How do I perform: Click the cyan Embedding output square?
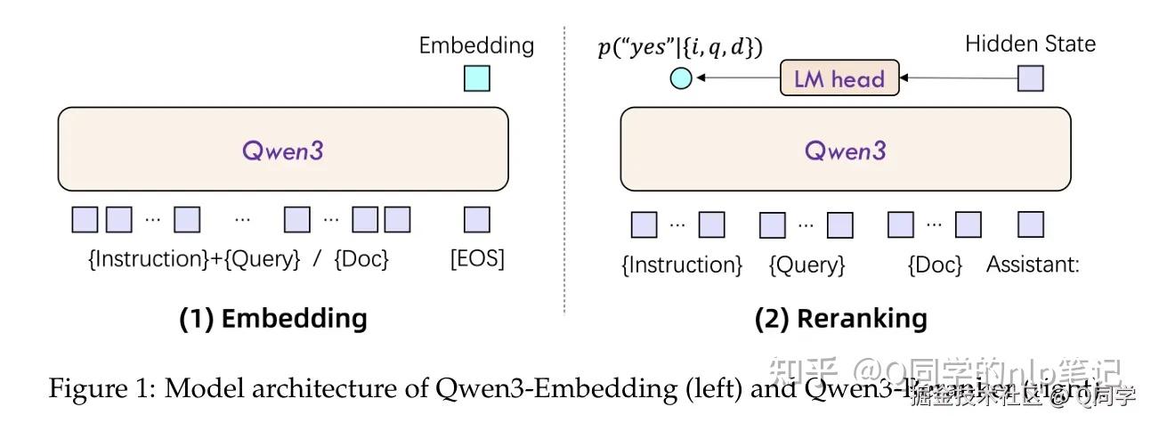pyautogui.click(x=476, y=78)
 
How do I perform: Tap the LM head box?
pyautogui.click(x=839, y=78)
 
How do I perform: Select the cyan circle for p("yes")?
pyautogui.click(x=680, y=79)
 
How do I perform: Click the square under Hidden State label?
pyautogui.click(x=1030, y=78)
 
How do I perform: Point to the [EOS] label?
pyautogui.click(x=476, y=259)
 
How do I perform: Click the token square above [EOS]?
pyautogui.click(x=476, y=219)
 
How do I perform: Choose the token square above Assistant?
pyautogui.click(x=1030, y=224)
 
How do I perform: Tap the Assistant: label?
pyautogui.click(x=1033, y=264)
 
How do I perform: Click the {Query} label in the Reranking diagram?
pyautogui.click(x=807, y=264)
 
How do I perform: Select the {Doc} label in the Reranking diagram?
pyautogui.click(x=935, y=264)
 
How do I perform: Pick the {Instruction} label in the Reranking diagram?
pyautogui.click(x=681, y=264)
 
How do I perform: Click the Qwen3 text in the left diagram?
pyautogui.click(x=283, y=150)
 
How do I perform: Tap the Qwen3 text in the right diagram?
pyautogui.click(x=845, y=150)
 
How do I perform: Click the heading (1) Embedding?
pyautogui.click(x=273, y=319)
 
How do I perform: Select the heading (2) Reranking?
pyautogui.click(x=840, y=319)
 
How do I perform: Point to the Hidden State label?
pyautogui.click(x=1030, y=44)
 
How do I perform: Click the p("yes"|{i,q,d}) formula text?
pyautogui.click(x=679, y=48)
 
